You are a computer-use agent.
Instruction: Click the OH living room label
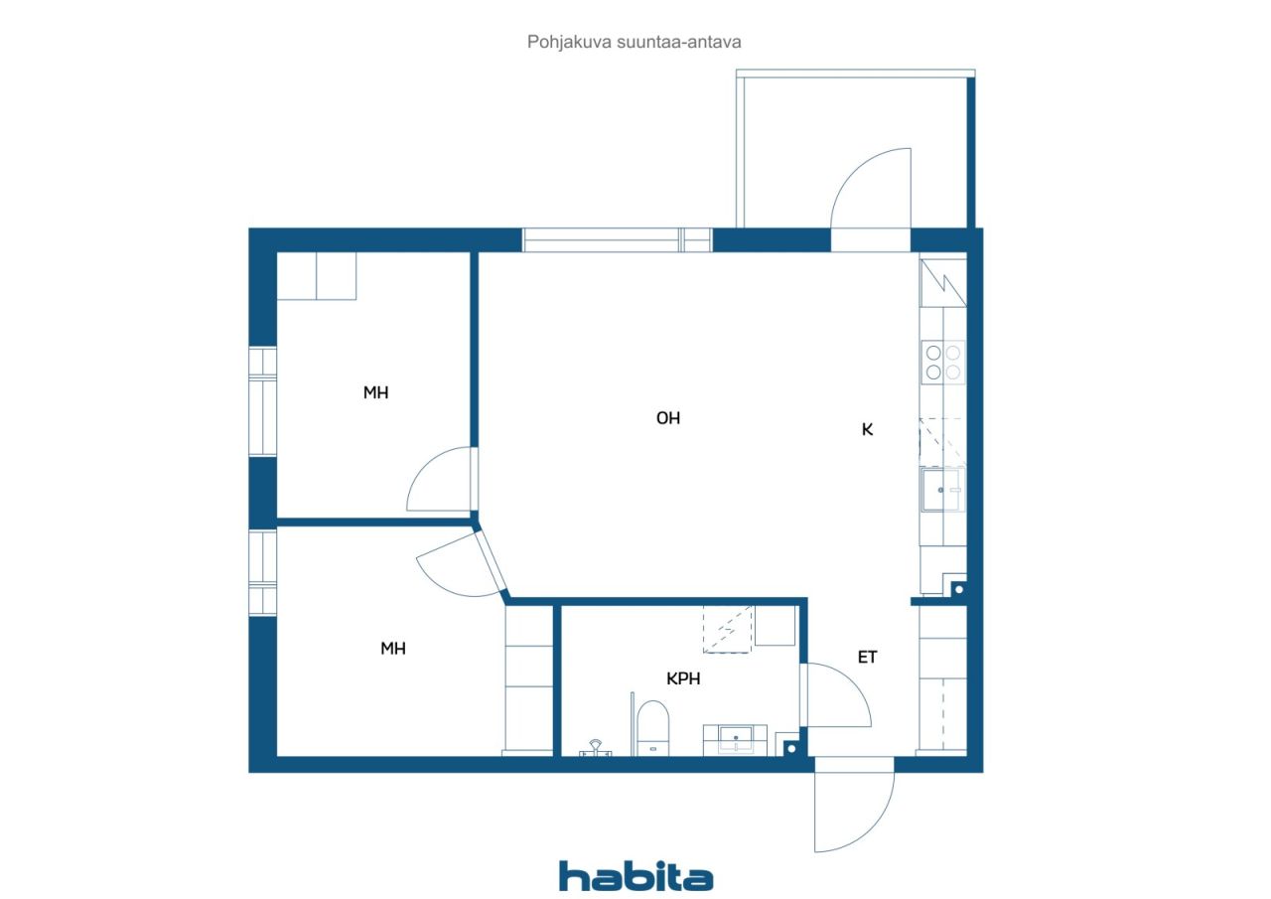(x=668, y=418)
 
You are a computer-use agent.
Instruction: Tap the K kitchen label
(x=867, y=430)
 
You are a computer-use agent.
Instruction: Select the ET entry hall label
(x=867, y=658)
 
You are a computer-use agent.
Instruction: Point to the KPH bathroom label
(x=683, y=678)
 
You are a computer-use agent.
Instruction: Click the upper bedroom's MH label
(x=375, y=392)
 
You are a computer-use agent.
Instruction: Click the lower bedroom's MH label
(x=392, y=648)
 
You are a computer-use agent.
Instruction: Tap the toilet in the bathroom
(x=652, y=728)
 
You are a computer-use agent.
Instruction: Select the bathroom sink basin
(x=736, y=739)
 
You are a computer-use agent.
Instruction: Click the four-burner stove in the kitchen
(x=943, y=363)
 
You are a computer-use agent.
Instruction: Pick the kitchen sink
(x=943, y=489)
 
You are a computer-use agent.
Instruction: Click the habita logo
(x=636, y=876)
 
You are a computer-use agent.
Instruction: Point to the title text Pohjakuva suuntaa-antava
(x=634, y=42)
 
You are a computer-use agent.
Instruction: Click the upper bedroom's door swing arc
(x=426, y=464)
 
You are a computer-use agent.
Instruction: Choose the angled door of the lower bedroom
(x=492, y=561)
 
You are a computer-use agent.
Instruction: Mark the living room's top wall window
(x=617, y=240)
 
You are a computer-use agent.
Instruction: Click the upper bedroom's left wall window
(x=263, y=401)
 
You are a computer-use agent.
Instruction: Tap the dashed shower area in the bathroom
(x=728, y=629)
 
